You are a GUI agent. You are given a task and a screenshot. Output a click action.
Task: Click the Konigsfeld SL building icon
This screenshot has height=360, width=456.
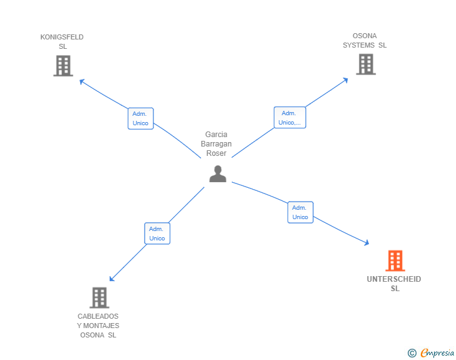63,66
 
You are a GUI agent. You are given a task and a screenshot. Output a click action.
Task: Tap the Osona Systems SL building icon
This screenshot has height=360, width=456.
365,64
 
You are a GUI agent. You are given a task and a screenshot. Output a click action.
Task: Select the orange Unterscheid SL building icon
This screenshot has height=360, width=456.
395,260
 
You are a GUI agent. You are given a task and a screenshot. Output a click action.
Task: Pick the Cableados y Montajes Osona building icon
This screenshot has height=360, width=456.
99,298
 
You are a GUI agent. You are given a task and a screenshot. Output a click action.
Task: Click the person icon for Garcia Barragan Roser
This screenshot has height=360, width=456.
217,174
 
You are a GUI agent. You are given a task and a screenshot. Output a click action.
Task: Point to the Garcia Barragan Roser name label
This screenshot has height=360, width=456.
216,144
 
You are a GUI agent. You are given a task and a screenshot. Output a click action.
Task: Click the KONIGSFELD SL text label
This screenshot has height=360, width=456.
62,41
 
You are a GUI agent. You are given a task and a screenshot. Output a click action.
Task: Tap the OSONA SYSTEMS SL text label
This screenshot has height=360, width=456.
365,41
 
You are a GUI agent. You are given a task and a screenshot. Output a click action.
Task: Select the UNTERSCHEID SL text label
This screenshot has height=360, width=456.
394,284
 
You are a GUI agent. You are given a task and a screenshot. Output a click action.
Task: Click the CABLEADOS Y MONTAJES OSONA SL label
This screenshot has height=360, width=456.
98,326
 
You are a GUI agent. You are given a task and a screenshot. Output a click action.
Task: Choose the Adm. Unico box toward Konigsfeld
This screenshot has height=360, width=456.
141,118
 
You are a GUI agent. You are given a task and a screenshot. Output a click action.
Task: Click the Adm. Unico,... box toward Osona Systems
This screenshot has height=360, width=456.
289,118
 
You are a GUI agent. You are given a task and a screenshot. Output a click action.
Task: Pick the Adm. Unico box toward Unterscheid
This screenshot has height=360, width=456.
300,212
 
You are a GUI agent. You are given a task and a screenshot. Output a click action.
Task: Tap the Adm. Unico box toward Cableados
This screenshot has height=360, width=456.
157,234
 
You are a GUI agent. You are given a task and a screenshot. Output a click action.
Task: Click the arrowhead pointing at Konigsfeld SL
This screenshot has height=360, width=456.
81,80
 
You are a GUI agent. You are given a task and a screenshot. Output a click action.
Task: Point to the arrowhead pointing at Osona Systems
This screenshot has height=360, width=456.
346,80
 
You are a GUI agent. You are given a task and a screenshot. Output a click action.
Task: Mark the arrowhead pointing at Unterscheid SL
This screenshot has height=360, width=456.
366,244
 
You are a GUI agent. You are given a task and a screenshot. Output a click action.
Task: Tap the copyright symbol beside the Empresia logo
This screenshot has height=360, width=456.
412,353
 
